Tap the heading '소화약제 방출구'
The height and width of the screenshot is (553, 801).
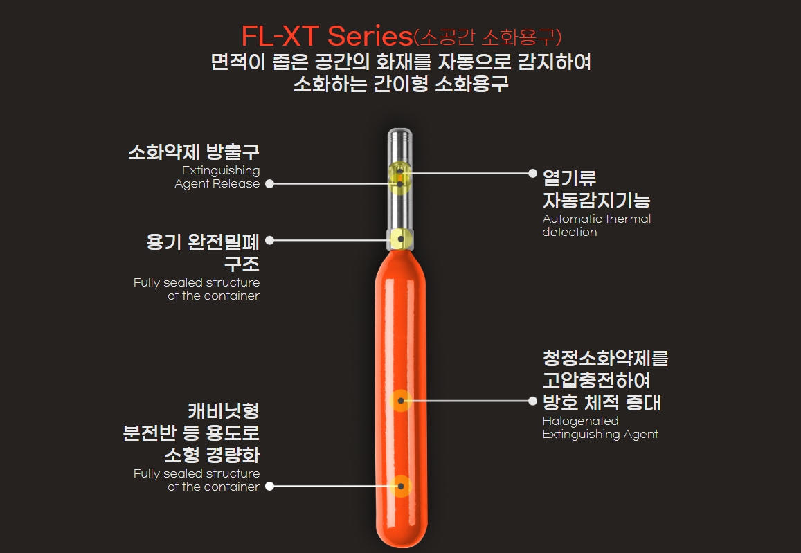(x=194, y=152)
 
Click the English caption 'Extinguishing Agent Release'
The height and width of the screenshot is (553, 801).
(x=217, y=177)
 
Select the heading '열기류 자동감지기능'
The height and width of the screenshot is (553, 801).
(x=596, y=189)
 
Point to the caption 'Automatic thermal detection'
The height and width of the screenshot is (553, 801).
(x=596, y=226)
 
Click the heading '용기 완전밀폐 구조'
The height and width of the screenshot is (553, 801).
(x=203, y=253)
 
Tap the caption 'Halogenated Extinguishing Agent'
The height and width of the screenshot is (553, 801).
(x=600, y=428)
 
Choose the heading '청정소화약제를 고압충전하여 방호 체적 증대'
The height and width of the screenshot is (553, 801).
(x=605, y=381)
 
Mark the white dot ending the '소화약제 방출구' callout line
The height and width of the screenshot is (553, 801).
(x=269, y=184)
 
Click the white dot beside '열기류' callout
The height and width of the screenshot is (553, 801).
(x=532, y=173)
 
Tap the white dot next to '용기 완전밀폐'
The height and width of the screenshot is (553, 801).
(x=269, y=240)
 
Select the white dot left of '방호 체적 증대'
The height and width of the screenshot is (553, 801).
(x=532, y=401)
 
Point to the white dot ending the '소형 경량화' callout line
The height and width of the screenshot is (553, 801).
(x=269, y=486)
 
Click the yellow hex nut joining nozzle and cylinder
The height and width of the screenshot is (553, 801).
(x=400, y=239)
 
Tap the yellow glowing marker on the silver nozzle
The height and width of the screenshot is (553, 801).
(x=400, y=176)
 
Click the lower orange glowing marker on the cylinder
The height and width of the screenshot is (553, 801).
(x=400, y=486)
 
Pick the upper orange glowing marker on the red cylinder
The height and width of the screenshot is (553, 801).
(x=400, y=401)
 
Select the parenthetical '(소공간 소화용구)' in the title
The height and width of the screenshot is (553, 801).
(x=487, y=36)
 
